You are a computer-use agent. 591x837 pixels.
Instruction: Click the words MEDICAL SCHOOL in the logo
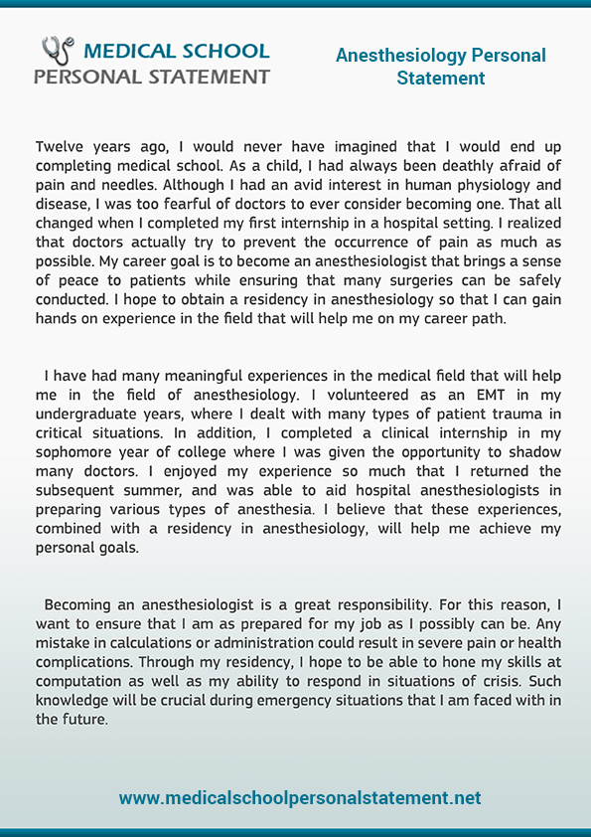176,51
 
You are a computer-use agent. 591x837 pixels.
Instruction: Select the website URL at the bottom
300,798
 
